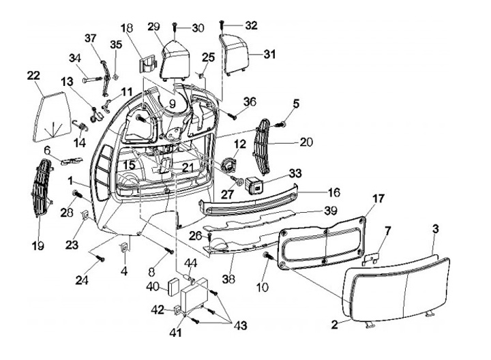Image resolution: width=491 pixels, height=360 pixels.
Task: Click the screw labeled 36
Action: tap(233, 111)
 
